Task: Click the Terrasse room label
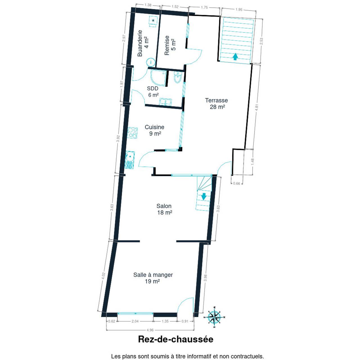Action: pyautogui.click(x=217, y=100)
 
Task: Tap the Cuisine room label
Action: pyautogui.click(x=154, y=127)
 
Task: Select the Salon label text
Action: pyautogui.click(x=164, y=206)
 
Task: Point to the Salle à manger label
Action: pyautogui.click(x=153, y=275)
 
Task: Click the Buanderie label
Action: pyautogui.click(x=140, y=43)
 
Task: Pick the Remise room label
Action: pyautogui.click(x=167, y=45)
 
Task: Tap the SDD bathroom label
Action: pyautogui.click(x=153, y=88)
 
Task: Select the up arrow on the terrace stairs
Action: pyautogui.click(x=235, y=57)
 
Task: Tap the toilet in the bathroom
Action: pyautogui.click(x=177, y=77)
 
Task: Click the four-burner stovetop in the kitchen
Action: pyautogui.click(x=132, y=133)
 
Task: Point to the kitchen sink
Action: pyautogui.click(x=130, y=160)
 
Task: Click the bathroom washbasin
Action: pyautogui.click(x=166, y=102)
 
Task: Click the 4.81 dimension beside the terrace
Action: pyautogui.click(x=257, y=107)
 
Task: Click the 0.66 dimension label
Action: pyautogui.click(x=237, y=183)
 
